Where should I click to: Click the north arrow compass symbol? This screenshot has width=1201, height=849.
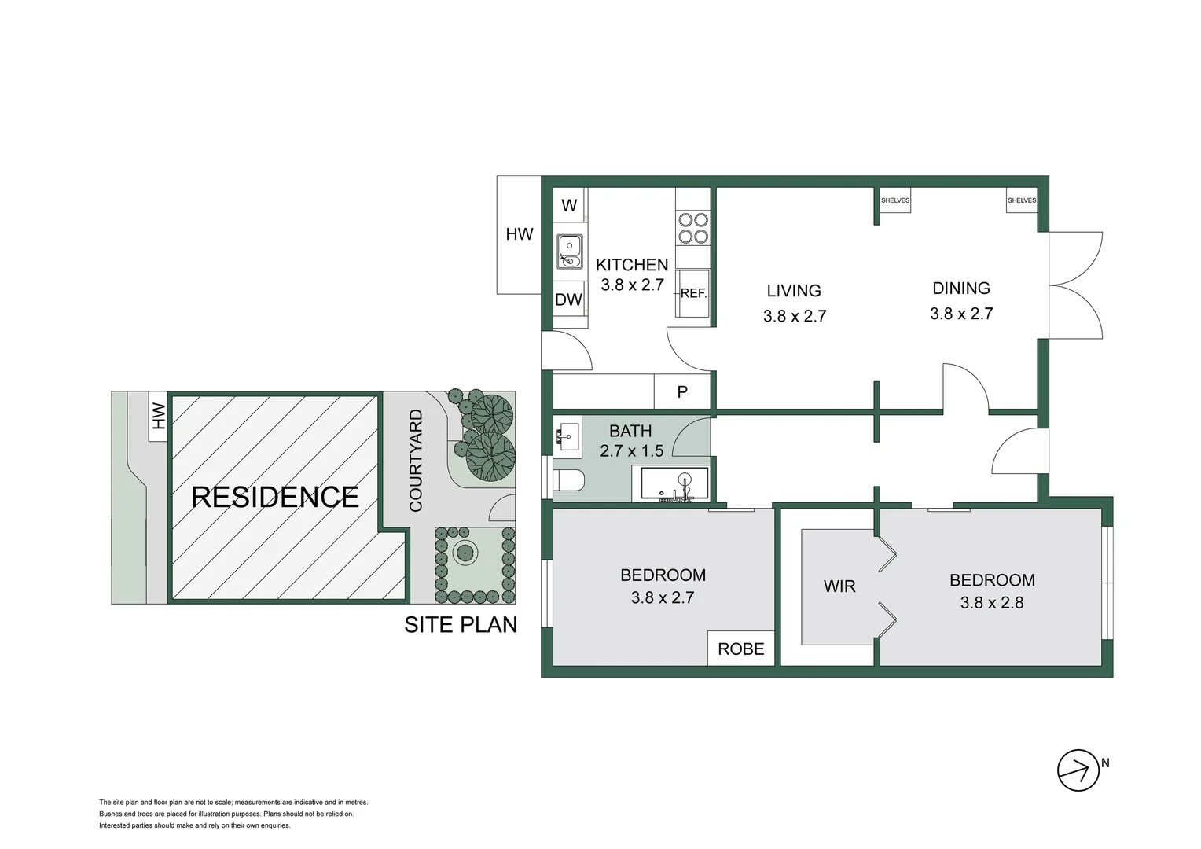click(x=1078, y=770)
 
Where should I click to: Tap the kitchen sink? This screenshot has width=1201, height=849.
click(x=569, y=251)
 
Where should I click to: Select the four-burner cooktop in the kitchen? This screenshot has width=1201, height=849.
click(x=693, y=228)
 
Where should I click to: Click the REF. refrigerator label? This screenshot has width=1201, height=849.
click(x=693, y=293)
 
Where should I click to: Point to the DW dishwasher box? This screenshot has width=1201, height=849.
click(x=569, y=299)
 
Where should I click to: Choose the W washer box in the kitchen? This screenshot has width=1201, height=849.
click(x=570, y=205)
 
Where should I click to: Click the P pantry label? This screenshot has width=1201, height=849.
click(x=682, y=391)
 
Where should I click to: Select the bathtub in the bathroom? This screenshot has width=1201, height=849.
click(x=674, y=484)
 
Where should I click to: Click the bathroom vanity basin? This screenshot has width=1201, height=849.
click(x=567, y=435)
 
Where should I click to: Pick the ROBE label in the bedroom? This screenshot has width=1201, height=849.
click(x=740, y=649)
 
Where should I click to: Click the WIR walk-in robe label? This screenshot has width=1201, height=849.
click(x=839, y=586)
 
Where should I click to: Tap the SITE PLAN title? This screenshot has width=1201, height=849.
click(x=461, y=624)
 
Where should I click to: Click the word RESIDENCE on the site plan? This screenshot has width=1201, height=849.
click(x=275, y=497)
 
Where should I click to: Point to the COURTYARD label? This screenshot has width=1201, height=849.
click(x=416, y=461)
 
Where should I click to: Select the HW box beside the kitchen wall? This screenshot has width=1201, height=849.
click(x=519, y=234)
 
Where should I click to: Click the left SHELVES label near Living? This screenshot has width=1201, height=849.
click(x=895, y=200)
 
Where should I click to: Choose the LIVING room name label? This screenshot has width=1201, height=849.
click(x=794, y=291)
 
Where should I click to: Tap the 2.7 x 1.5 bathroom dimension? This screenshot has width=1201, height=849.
click(x=631, y=451)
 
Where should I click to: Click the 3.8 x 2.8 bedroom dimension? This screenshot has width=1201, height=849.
click(x=991, y=603)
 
